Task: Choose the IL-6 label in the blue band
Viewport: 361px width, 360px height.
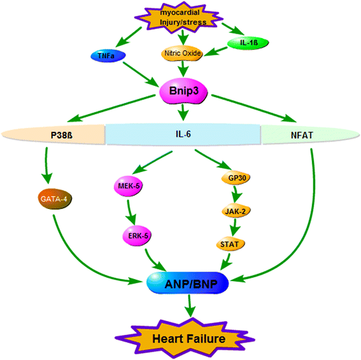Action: [183, 135]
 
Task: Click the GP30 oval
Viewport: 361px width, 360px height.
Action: [232, 179]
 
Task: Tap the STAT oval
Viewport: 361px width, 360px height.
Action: [232, 243]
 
